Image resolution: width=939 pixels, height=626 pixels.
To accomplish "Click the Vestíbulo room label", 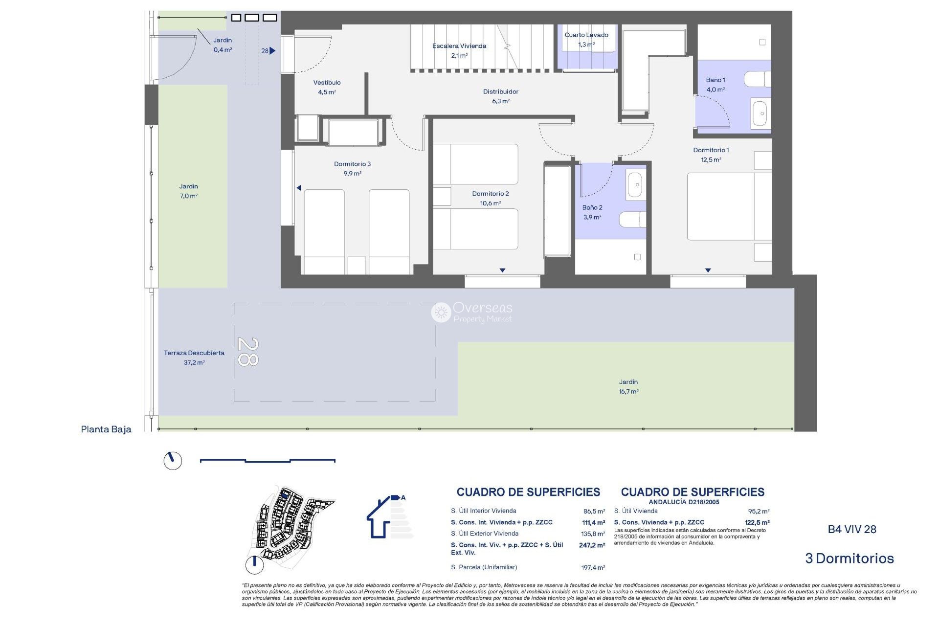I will (x=327, y=87).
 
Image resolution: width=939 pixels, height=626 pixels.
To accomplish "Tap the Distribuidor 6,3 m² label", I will (x=500, y=96).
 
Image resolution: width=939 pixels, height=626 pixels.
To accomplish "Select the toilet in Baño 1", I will (x=757, y=79).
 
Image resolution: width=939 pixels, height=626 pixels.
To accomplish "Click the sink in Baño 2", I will (x=635, y=185).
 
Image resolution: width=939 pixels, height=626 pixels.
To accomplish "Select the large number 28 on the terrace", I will (x=247, y=352).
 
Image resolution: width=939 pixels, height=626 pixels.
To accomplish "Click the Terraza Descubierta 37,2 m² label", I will (x=194, y=358).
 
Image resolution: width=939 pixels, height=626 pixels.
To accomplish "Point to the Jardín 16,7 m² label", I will (x=628, y=386).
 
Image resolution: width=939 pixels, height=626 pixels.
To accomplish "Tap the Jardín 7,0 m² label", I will (x=188, y=191).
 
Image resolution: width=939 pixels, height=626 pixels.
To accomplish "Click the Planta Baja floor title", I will (x=106, y=429).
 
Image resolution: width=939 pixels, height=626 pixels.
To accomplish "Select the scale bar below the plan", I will (x=268, y=460).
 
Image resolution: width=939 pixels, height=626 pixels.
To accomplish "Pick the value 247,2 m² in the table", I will (x=592, y=545).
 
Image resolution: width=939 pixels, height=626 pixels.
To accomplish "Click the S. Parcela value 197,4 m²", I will (x=593, y=568).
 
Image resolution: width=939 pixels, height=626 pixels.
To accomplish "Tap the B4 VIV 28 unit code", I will (x=851, y=529).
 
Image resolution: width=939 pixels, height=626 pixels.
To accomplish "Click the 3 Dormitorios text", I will (x=849, y=559).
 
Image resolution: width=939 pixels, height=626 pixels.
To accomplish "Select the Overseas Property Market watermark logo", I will (x=471, y=312).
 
